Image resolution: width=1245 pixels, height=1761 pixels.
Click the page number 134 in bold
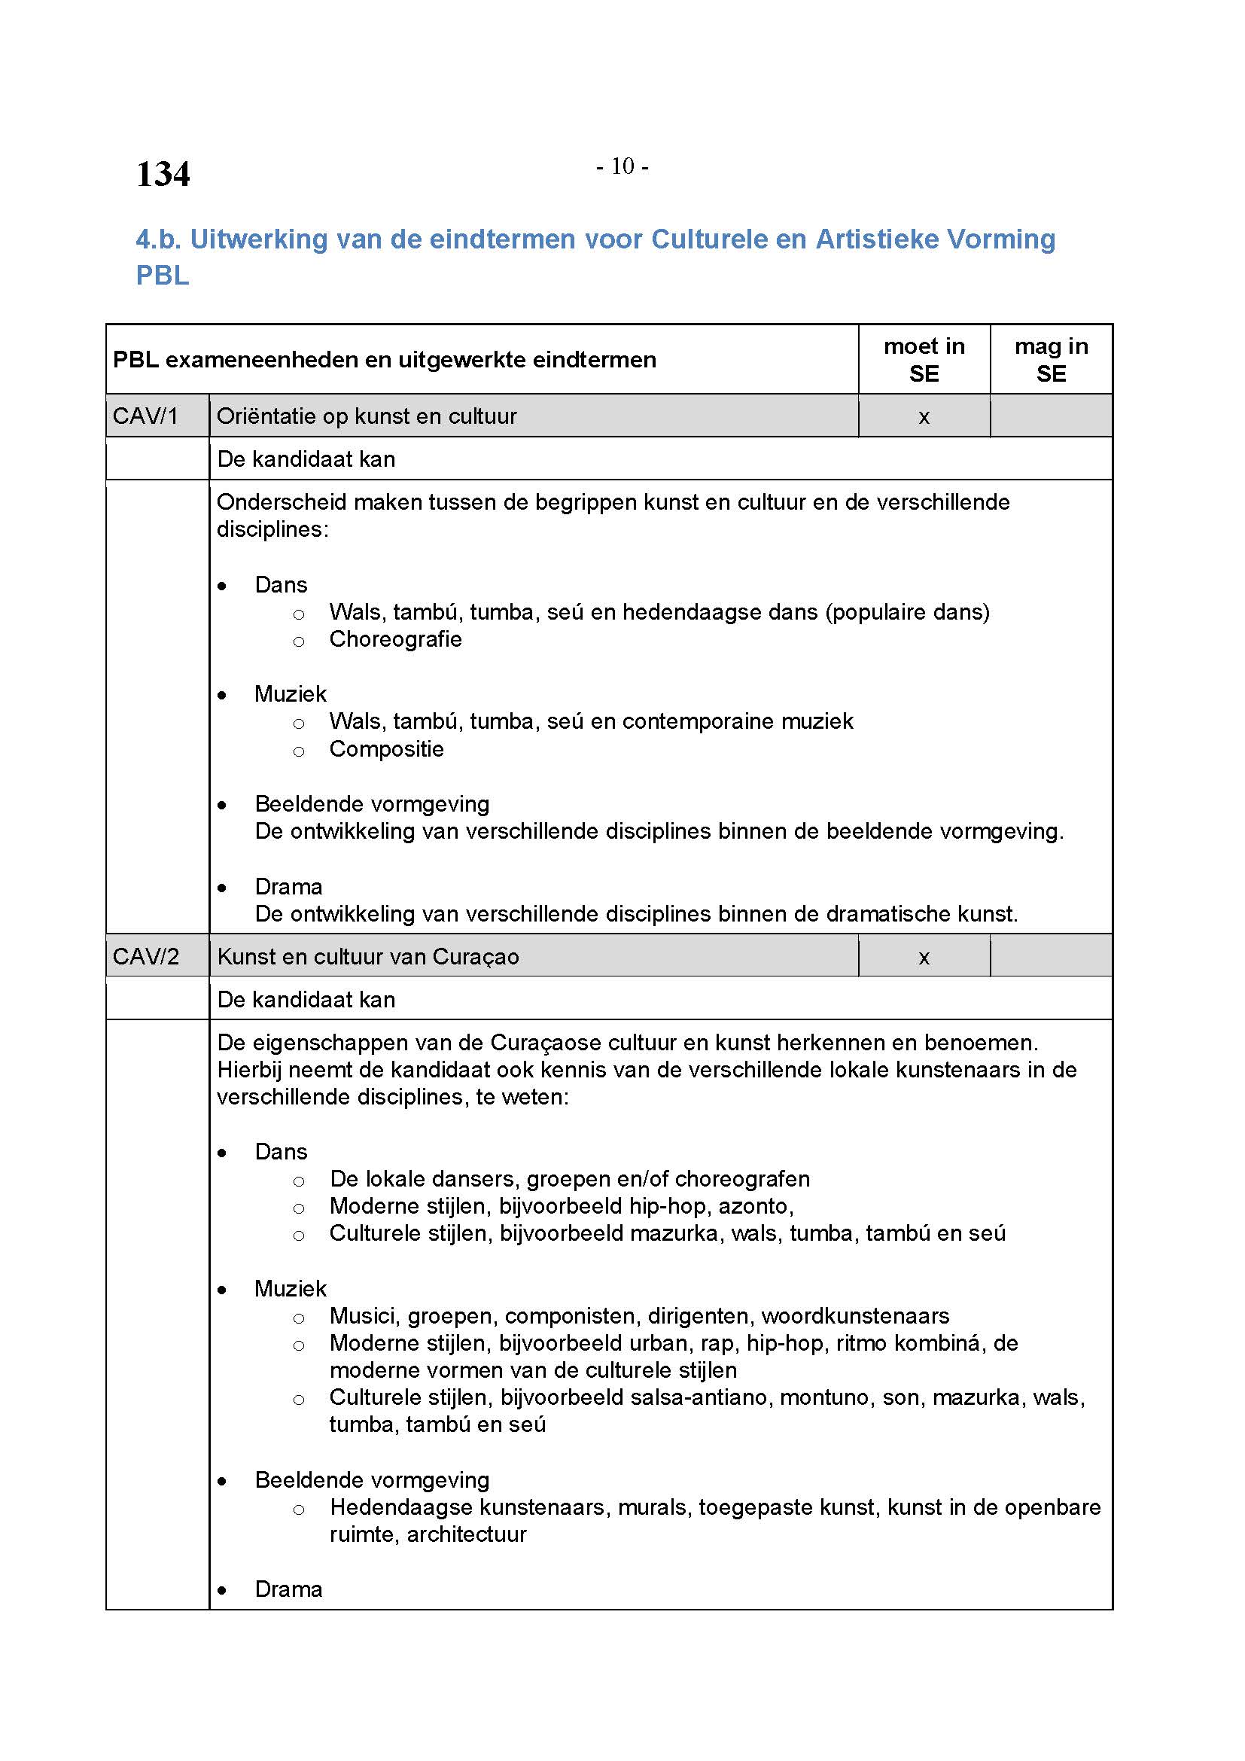click(163, 174)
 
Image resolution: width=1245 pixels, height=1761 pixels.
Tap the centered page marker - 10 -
click(622, 166)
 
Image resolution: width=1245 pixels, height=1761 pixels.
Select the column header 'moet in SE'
click(924, 360)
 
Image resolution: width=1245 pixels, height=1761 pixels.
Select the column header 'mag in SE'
click(1051, 360)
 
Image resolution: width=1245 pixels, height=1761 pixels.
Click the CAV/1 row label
click(146, 416)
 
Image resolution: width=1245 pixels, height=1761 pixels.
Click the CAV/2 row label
click(146, 956)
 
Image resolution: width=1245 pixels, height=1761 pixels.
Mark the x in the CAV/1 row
click(924, 417)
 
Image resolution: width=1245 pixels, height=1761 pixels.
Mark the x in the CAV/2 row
click(924, 957)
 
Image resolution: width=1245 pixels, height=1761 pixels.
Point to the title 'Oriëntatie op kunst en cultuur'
click(367, 416)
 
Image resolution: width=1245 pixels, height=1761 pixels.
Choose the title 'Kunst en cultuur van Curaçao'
click(368, 956)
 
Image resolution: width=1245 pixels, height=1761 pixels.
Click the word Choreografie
click(396, 639)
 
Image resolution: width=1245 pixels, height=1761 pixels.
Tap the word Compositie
click(386, 748)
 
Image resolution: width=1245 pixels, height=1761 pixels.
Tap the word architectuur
click(466, 1534)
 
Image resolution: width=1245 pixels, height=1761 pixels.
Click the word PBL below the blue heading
click(163, 276)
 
